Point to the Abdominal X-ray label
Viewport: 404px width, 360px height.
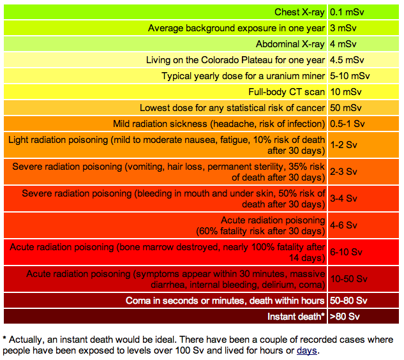pyautogui.click(x=290, y=44)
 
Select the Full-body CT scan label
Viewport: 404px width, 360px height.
pyautogui.click(x=287, y=92)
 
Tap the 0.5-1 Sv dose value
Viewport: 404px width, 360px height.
pyautogui.click(x=349, y=124)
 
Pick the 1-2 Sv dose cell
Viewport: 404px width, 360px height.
pyautogui.click(x=343, y=145)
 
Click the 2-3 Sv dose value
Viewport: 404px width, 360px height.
pyautogui.click(x=343, y=172)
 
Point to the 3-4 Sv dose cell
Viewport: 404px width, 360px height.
pyautogui.click(x=343, y=199)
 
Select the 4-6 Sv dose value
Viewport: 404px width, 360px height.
pyautogui.click(x=343, y=225)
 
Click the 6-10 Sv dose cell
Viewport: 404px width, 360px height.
pyautogui.click(x=346, y=252)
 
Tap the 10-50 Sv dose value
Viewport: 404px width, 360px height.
pyautogui.click(x=348, y=279)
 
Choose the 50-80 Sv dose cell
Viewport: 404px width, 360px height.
pyautogui.click(x=348, y=301)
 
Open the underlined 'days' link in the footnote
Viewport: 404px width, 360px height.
pyautogui.click(x=306, y=350)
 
